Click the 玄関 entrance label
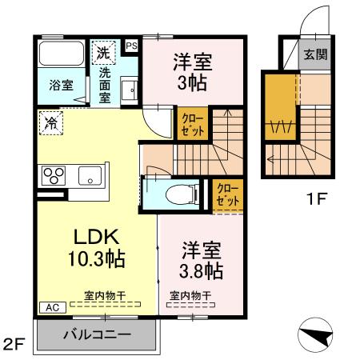[x=313, y=55]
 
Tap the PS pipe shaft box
[x=132, y=46]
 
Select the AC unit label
[x=47, y=306]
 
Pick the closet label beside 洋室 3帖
[x=191, y=126]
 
